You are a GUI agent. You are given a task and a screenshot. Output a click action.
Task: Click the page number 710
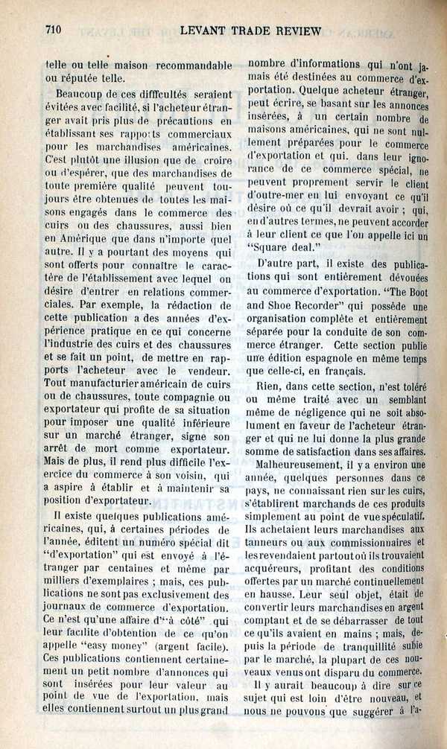(x=53, y=30)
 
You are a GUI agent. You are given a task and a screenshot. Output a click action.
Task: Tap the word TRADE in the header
(x=238, y=31)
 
